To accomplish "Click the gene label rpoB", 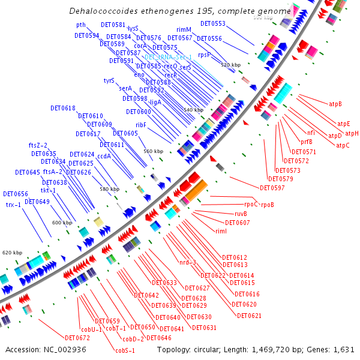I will tap(268, 205).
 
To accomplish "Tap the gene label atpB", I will tap(335, 104).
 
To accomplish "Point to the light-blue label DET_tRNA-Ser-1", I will tap(168, 57).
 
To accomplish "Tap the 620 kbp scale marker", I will tap(13, 253).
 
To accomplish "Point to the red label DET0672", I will tap(77, 338).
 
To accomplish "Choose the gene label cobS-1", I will tap(125, 350).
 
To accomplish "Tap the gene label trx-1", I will tap(14, 205).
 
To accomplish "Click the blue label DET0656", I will tap(16, 194).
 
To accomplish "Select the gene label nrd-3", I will tap(188, 262).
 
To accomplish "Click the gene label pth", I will tap(81, 25).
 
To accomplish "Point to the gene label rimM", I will tap(184, 29).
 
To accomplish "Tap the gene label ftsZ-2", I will tap(38, 145).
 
